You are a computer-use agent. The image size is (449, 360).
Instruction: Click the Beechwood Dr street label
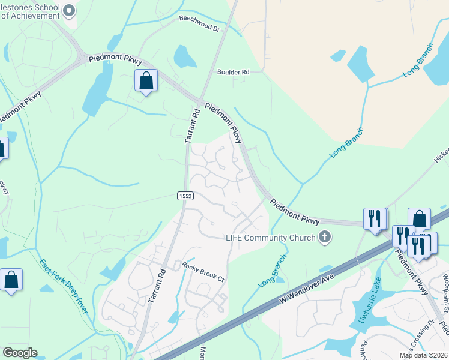199,23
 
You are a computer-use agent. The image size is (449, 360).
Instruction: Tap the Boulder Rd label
233,72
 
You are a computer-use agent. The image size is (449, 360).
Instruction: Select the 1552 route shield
185,196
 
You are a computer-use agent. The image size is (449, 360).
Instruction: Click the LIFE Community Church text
271,238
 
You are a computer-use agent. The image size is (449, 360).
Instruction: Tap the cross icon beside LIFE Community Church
325,237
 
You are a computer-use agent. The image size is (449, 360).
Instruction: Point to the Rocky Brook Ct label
203,271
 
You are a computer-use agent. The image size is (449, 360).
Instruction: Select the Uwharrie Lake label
370,304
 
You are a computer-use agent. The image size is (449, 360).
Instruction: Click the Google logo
20,353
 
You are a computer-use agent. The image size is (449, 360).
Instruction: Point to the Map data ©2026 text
424,355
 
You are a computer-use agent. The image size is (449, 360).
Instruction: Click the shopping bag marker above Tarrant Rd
146,80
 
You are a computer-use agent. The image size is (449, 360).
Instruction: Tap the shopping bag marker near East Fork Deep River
11,280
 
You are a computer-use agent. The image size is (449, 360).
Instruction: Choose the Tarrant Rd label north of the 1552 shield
191,125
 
